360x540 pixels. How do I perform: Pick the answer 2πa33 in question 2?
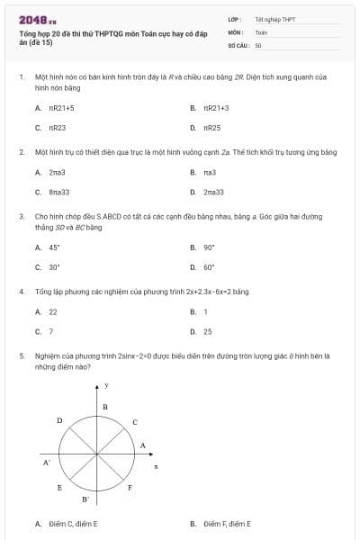(213, 192)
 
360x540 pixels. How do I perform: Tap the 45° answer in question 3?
(54, 247)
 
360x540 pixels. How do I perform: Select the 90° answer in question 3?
(209, 247)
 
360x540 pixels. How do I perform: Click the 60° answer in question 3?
(209, 266)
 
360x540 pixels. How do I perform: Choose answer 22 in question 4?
(53, 311)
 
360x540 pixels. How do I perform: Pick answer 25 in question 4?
(208, 331)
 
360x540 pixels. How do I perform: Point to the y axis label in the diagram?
(106, 385)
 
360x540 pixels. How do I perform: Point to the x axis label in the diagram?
(156, 466)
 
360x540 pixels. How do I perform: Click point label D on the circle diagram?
(59, 420)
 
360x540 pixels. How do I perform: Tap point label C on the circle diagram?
(136, 421)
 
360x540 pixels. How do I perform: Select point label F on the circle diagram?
(130, 488)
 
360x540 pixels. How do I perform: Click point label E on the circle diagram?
(59, 487)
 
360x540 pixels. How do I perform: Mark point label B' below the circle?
(85, 499)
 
